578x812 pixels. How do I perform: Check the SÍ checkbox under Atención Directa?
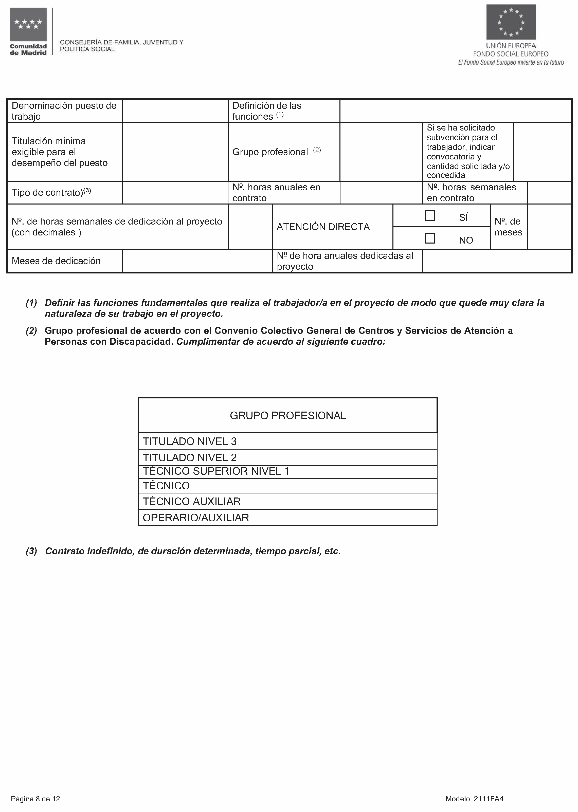(430, 216)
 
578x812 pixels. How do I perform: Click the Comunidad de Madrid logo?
(28, 31)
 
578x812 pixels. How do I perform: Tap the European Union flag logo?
(511, 22)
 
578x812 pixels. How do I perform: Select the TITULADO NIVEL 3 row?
(287, 441)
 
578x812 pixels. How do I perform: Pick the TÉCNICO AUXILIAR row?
(287, 501)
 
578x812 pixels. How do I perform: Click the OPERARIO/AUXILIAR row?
(287, 518)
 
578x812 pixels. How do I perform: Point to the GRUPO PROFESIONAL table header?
(287, 415)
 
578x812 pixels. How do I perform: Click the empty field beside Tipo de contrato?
(175, 193)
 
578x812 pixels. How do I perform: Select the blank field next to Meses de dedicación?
(197, 261)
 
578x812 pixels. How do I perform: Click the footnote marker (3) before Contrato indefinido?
(31, 551)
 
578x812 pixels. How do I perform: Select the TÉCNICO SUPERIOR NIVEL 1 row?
(287, 471)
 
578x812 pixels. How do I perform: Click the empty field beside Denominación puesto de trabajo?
(175, 111)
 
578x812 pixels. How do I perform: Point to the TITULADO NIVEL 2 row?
(287, 458)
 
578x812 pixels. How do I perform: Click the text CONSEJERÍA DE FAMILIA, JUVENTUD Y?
(122, 42)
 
